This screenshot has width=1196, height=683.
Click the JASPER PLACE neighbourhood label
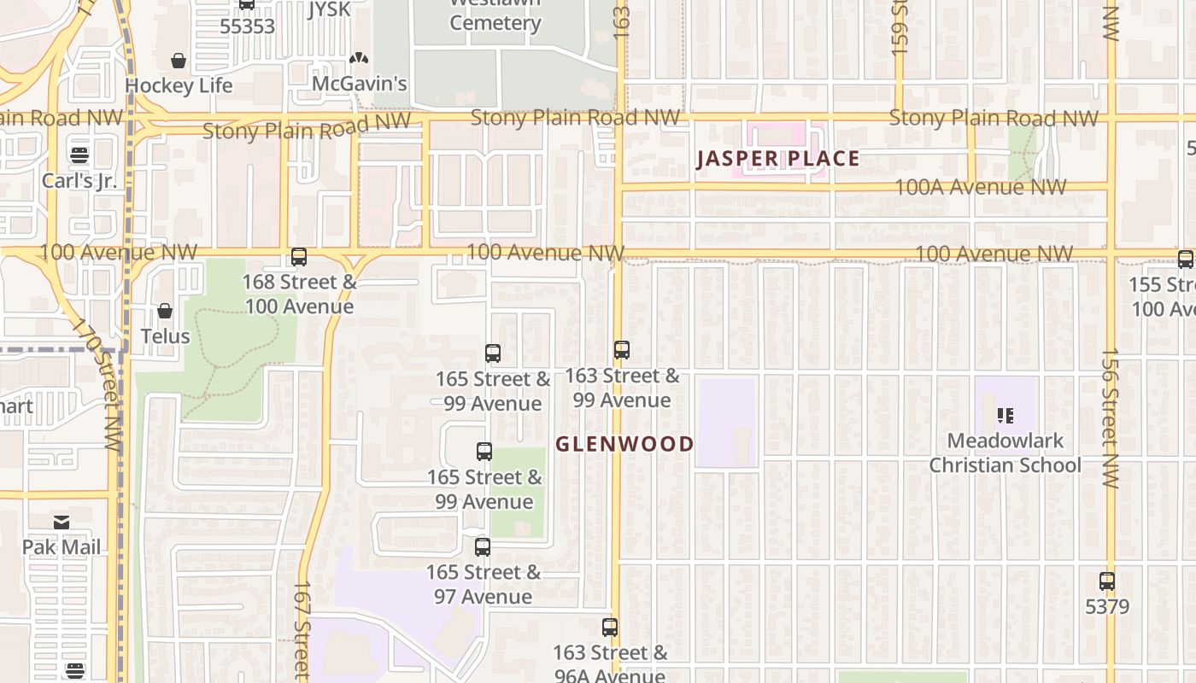[777, 159]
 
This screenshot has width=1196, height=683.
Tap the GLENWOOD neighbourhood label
[624, 444]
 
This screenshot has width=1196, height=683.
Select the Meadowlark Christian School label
[1005, 453]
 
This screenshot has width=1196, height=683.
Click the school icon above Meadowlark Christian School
[1005, 416]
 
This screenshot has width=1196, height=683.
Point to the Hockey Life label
[179, 85]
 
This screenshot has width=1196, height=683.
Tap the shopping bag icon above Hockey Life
[179, 61]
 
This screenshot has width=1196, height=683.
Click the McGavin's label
[359, 84]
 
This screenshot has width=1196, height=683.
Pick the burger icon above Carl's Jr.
[79, 155]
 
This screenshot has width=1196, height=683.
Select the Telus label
[165, 336]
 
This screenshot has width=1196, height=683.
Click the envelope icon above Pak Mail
[62, 522]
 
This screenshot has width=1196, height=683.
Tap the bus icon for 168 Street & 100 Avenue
[299, 256]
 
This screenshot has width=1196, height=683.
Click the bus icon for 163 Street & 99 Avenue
[622, 349]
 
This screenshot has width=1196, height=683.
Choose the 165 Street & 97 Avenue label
[484, 584]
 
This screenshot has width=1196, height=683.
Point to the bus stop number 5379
[1106, 607]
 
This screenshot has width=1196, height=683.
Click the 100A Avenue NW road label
[980, 187]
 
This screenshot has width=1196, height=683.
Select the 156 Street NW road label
[1110, 418]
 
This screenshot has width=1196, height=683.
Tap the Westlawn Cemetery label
[495, 15]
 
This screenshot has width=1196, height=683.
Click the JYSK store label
[329, 9]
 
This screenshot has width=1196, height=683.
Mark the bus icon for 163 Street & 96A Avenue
[610, 628]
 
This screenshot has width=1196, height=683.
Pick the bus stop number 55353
[247, 26]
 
